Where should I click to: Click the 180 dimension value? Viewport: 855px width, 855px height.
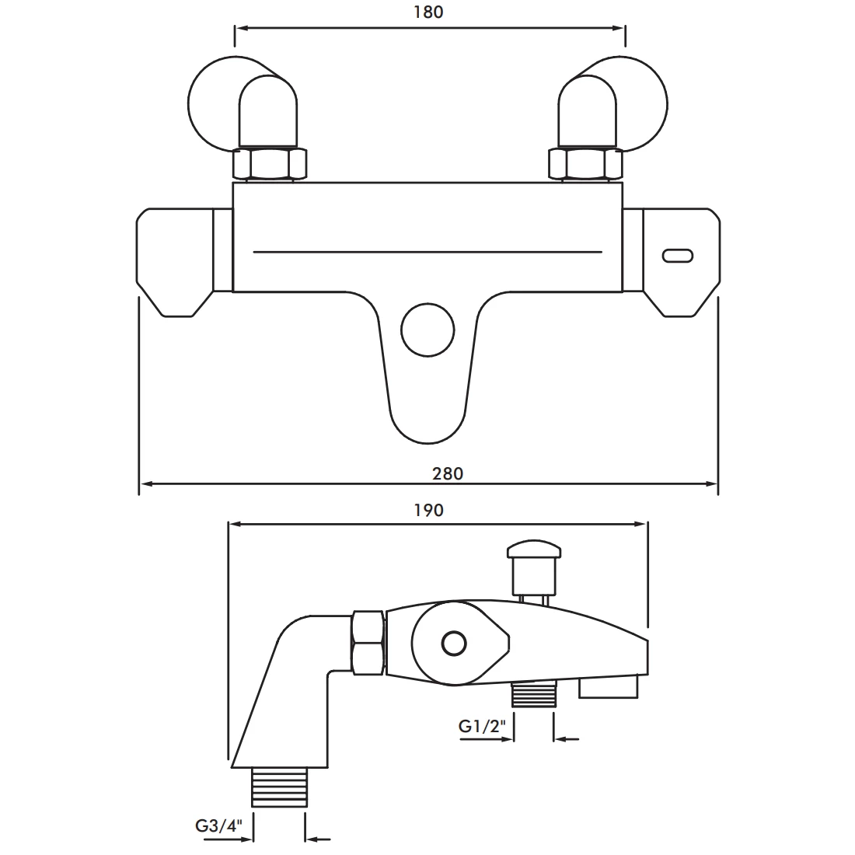(x=429, y=12)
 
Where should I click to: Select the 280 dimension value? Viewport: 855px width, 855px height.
(x=447, y=473)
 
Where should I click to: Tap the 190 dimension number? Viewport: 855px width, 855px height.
(x=428, y=510)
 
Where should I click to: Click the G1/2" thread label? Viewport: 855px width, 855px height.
(x=482, y=726)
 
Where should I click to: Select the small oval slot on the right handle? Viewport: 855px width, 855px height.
(x=679, y=256)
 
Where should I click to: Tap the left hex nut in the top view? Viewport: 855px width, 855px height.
(x=270, y=165)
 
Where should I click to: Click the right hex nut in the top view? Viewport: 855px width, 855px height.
(x=586, y=165)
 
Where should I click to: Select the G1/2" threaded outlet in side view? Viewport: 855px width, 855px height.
(x=535, y=695)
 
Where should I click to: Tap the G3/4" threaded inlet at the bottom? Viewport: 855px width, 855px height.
(x=278, y=787)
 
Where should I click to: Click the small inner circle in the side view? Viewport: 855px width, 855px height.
(x=452, y=644)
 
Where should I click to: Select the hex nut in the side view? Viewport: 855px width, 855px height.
(x=368, y=642)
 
